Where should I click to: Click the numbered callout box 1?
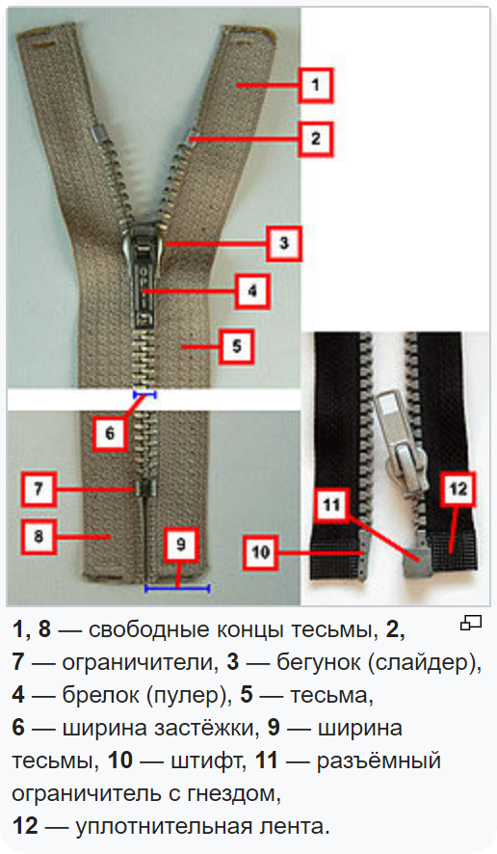pos(316,85)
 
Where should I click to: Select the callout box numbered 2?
pos(316,139)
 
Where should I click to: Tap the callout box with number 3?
pos(283,243)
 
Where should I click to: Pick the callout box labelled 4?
pos(252,291)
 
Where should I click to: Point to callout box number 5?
pos(236,346)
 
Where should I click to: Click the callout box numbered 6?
pos(110,433)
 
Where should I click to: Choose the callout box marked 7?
pos(39,488)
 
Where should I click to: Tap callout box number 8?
pos(39,537)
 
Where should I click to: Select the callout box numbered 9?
pos(181,544)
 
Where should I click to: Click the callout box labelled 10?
pos(260,552)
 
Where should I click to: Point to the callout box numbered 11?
pos(331,505)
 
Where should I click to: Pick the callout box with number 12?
pos(458,489)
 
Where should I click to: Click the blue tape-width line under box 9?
pos(177,588)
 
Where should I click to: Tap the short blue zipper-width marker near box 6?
pos(144,394)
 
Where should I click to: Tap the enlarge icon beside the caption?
pos(471,623)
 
